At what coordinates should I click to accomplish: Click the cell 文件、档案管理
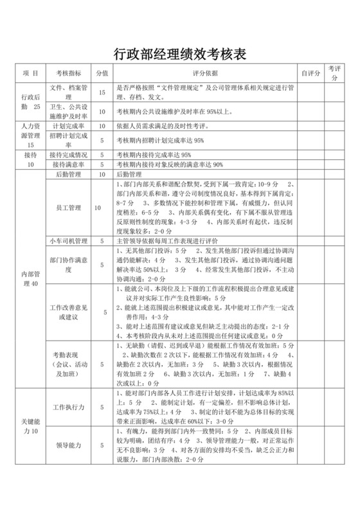(x=68, y=93)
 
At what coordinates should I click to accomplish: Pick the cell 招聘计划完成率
(x=68, y=140)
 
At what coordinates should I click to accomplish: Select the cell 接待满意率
(x=68, y=165)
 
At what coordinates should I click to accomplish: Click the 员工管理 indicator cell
(x=68, y=208)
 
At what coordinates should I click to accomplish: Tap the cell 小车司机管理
(x=68, y=240)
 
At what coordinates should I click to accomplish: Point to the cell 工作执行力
(x=68, y=407)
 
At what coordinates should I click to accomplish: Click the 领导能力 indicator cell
(x=68, y=445)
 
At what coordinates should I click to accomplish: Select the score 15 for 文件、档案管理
(x=102, y=93)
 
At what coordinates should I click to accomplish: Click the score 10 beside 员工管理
(x=98, y=208)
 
